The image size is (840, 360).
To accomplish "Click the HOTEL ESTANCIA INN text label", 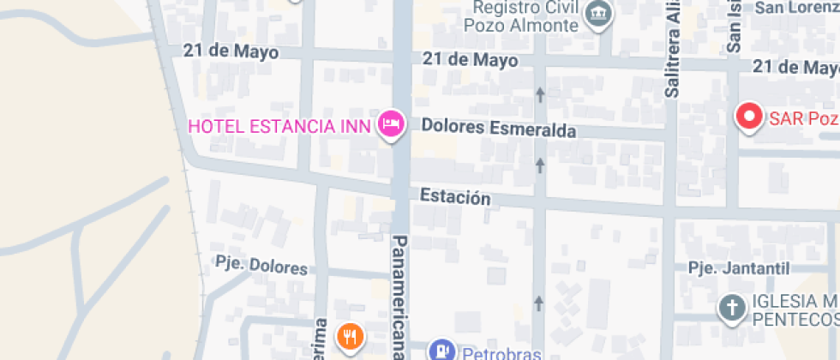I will point(279,127).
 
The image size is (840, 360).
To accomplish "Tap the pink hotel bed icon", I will point(392,125).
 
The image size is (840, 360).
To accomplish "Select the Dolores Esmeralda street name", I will point(498,129).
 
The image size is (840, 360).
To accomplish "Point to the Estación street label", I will point(455,197).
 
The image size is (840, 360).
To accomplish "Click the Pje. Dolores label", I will point(261,267).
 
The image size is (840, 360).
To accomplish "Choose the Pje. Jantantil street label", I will point(739,268).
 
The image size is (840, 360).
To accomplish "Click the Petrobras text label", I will point(502,351).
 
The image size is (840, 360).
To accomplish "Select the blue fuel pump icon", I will point(441,350).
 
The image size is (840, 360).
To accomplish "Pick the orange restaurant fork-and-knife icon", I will point(350,337).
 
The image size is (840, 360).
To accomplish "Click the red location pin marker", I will point(751,117).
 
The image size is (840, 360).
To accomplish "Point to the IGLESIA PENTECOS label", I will point(795,310).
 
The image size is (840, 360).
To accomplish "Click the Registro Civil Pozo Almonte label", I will point(521,16).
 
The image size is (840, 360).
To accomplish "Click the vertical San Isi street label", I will point(735,27).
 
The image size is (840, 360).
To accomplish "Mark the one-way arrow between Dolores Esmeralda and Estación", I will point(540,164).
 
